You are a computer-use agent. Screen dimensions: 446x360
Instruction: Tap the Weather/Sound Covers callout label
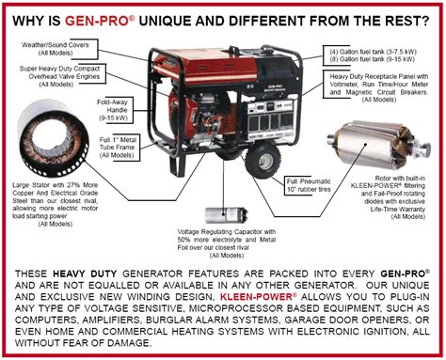[56, 49]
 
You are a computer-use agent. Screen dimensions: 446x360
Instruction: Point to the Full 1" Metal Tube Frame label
[118, 148]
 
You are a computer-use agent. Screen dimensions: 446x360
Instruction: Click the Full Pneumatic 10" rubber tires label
[309, 185]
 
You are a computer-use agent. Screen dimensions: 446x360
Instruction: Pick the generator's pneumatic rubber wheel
[263, 161]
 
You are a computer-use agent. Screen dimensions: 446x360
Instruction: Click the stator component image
[52, 139]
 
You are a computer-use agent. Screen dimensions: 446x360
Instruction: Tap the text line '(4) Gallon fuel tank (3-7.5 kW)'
[373, 52]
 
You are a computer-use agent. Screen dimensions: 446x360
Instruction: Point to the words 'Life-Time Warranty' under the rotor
[398, 209]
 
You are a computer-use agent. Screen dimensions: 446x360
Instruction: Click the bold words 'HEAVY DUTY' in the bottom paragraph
[85, 274]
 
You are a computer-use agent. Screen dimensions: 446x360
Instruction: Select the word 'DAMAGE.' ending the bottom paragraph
[129, 343]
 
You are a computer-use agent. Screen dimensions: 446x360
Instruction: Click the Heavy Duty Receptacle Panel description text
[379, 87]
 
